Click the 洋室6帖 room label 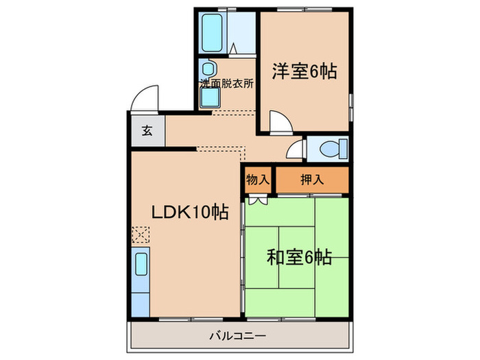coord(304,71)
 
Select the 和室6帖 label coord(299,258)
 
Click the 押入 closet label coord(312,180)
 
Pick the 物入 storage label coord(257,180)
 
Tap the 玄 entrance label coord(147,132)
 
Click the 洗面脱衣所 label coord(226,84)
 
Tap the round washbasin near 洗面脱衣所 coord(208,69)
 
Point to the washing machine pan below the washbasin coord(209,98)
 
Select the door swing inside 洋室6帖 coord(278,123)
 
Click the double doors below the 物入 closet coord(258,200)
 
